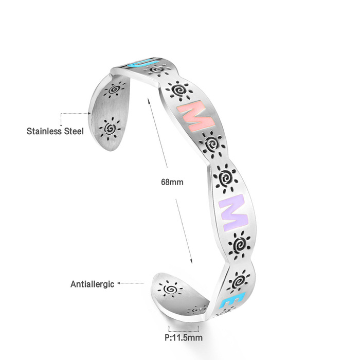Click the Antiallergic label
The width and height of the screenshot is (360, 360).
coord(92,284)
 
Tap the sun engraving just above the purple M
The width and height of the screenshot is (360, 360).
coord(225,177)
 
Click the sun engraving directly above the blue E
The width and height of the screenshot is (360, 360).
coord(239,280)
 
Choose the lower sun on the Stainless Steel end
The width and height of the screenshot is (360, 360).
coord(110,126)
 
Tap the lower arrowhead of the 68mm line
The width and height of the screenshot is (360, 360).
coord(192,262)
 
